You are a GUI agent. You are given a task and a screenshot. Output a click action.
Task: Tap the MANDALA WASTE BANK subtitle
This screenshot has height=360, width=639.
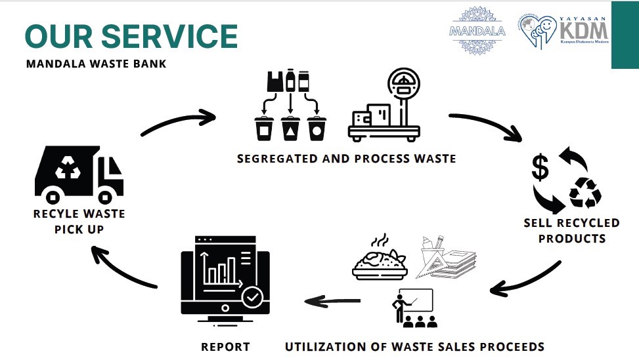[x=96, y=64]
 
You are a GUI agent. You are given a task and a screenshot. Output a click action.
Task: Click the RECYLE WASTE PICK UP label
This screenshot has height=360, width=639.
[x=79, y=222]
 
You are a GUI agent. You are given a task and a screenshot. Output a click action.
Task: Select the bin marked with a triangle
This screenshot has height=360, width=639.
[x=290, y=129]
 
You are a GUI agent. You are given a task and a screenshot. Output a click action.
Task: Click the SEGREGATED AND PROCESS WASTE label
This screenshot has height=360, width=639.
[x=346, y=159]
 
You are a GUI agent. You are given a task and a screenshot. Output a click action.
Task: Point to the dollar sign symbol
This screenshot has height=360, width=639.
[x=540, y=169]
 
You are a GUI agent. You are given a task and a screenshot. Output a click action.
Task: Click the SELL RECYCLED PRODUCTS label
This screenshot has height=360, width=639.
[x=571, y=230]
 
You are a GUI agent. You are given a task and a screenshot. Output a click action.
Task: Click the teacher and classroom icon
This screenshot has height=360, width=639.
[x=413, y=308]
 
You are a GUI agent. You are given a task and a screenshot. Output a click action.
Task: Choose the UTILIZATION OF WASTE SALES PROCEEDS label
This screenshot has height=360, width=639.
[x=414, y=347]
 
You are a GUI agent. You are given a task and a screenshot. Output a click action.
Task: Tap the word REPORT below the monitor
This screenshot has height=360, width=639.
[x=225, y=347]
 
